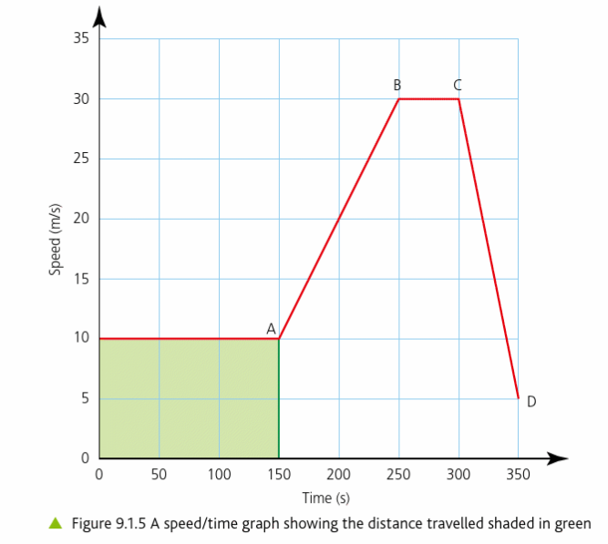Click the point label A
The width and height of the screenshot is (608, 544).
pyautogui.click(x=271, y=328)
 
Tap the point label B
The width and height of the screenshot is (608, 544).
pyautogui.click(x=397, y=85)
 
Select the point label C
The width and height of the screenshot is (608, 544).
pyautogui.click(x=458, y=85)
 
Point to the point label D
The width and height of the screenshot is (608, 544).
pyautogui.click(x=531, y=401)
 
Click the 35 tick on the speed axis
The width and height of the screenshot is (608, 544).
pyautogui.click(x=82, y=38)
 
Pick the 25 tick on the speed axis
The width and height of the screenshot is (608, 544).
pyautogui.click(x=82, y=159)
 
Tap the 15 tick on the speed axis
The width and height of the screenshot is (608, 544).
pyautogui.click(x=82, y=279)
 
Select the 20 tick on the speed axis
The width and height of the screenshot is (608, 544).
pyautogui.click(x=82, y=219)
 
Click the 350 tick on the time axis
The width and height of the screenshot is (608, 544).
pyautogui.click(x=518, y=475)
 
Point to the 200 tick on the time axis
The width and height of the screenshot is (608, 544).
pyautogui.click(x=338, y=475)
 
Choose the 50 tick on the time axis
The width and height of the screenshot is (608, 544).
pyautogui.click(x=159, y=475)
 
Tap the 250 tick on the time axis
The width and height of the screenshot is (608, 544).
pyautogui.click(x=398, y=475)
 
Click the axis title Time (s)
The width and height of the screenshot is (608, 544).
pyautogui.click(x=325, y=498)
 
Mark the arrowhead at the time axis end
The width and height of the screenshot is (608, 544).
pyautogui.click(x=558, y=457)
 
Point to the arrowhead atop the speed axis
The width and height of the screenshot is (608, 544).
pyautogui.click(x=99, y=15)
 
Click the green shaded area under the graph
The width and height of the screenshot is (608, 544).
pyautogui.click(x=189, y=398)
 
